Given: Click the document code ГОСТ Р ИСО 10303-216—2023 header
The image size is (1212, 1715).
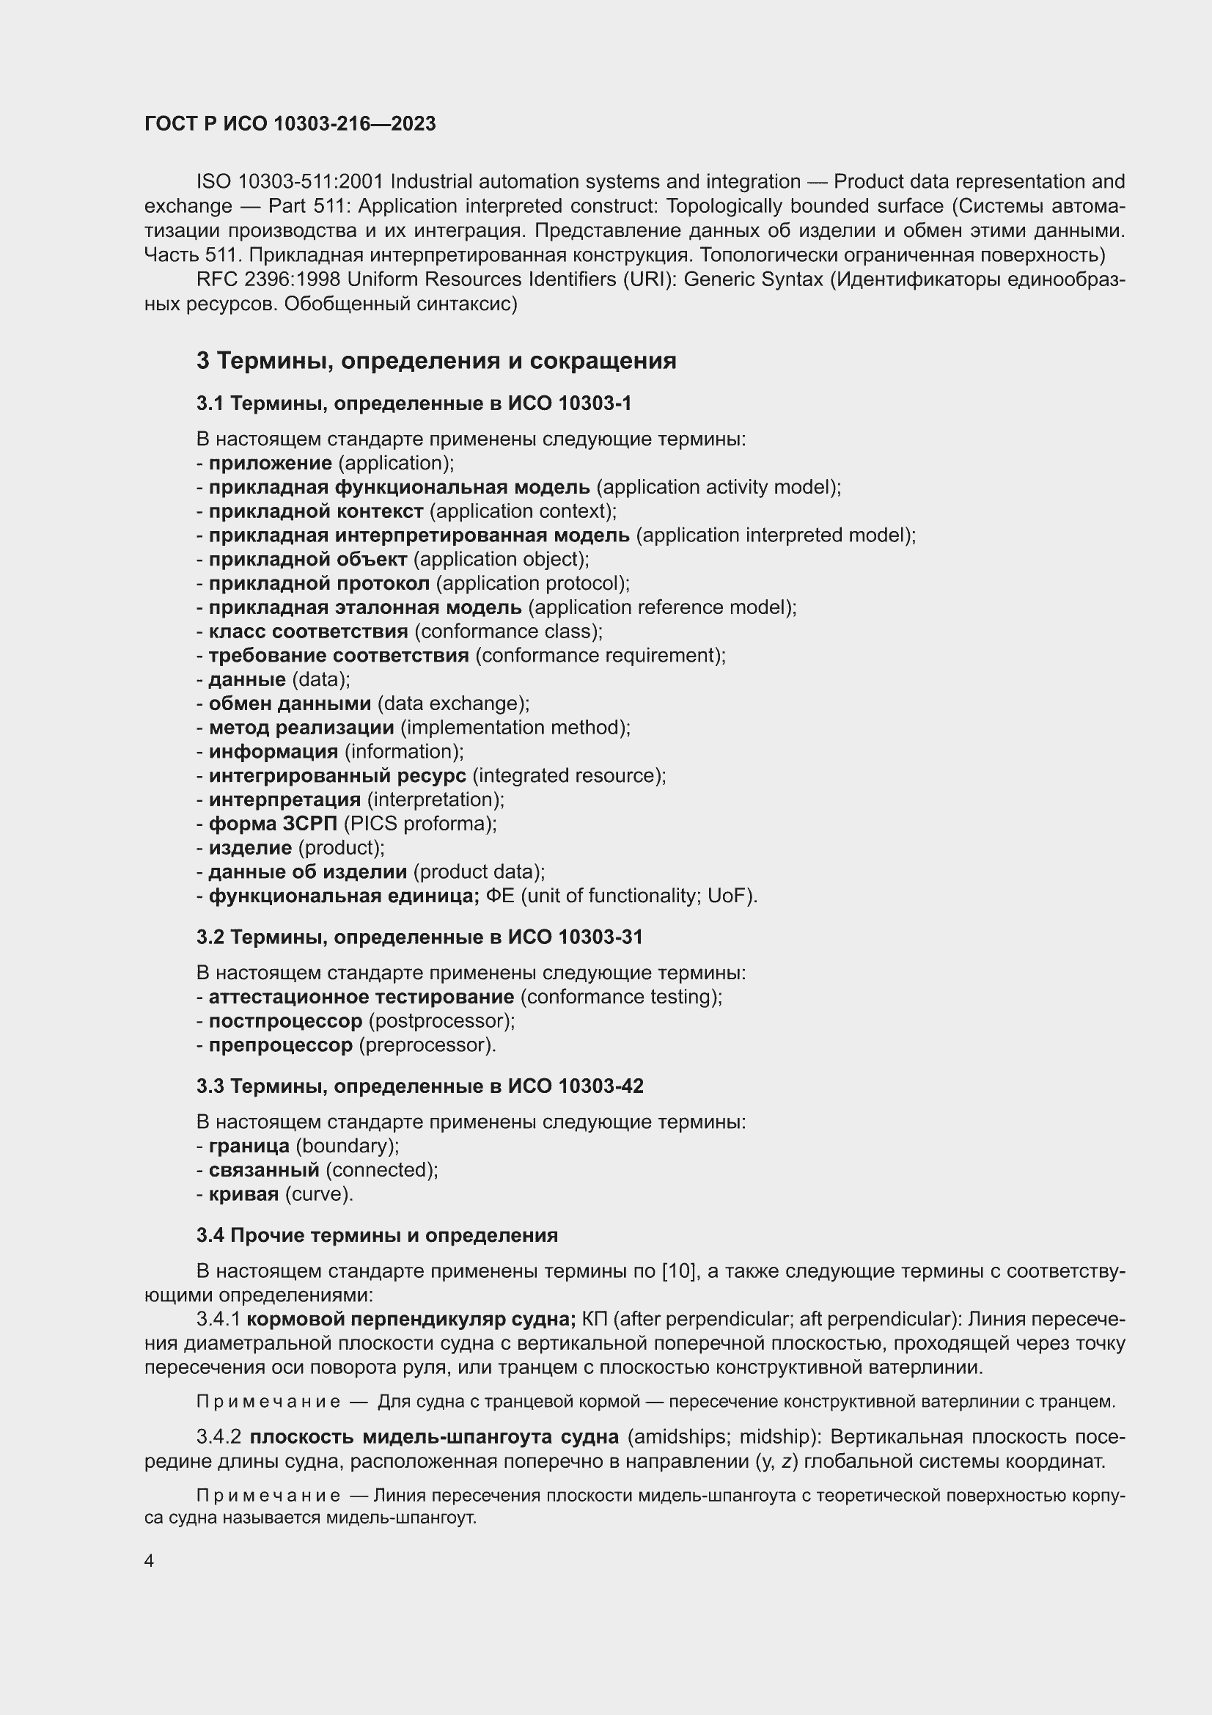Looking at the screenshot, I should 290,124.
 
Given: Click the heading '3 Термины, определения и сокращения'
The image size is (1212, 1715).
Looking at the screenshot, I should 436,361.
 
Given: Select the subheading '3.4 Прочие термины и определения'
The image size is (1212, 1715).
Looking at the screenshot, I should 377,1235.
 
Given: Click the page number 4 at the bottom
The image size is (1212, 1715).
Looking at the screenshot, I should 150,1560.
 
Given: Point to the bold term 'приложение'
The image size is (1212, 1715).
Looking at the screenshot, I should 271,463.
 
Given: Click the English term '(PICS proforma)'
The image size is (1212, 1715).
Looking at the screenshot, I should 419,823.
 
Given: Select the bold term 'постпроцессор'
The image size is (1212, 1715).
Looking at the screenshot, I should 285,1020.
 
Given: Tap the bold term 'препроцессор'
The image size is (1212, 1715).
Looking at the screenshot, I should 280,1045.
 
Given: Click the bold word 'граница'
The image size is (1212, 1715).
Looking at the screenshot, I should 249,1145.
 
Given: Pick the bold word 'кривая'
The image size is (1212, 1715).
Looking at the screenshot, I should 243,1193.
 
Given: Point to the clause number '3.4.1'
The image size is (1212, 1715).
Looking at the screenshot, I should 218,1319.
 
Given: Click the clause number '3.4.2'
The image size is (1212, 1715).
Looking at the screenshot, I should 219,1436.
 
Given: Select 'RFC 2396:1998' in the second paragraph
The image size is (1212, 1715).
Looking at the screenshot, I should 268,279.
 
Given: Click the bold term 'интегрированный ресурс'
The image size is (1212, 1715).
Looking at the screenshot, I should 337,775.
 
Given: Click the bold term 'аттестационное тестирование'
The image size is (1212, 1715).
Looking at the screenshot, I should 361,996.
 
